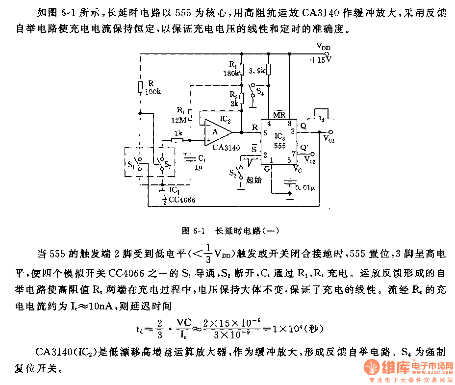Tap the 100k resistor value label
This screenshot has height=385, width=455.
pos(152,92)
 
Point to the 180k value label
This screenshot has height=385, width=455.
pos(230,73)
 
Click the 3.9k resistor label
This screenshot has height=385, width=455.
pos(257,71)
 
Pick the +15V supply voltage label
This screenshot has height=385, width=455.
pos(321,60)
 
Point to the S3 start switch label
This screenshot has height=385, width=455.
pos(234,172)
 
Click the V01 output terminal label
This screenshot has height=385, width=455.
pos(329,139)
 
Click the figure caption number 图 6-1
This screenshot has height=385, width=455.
pos(192,230)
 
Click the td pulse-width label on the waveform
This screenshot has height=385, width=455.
pos(321,119)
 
